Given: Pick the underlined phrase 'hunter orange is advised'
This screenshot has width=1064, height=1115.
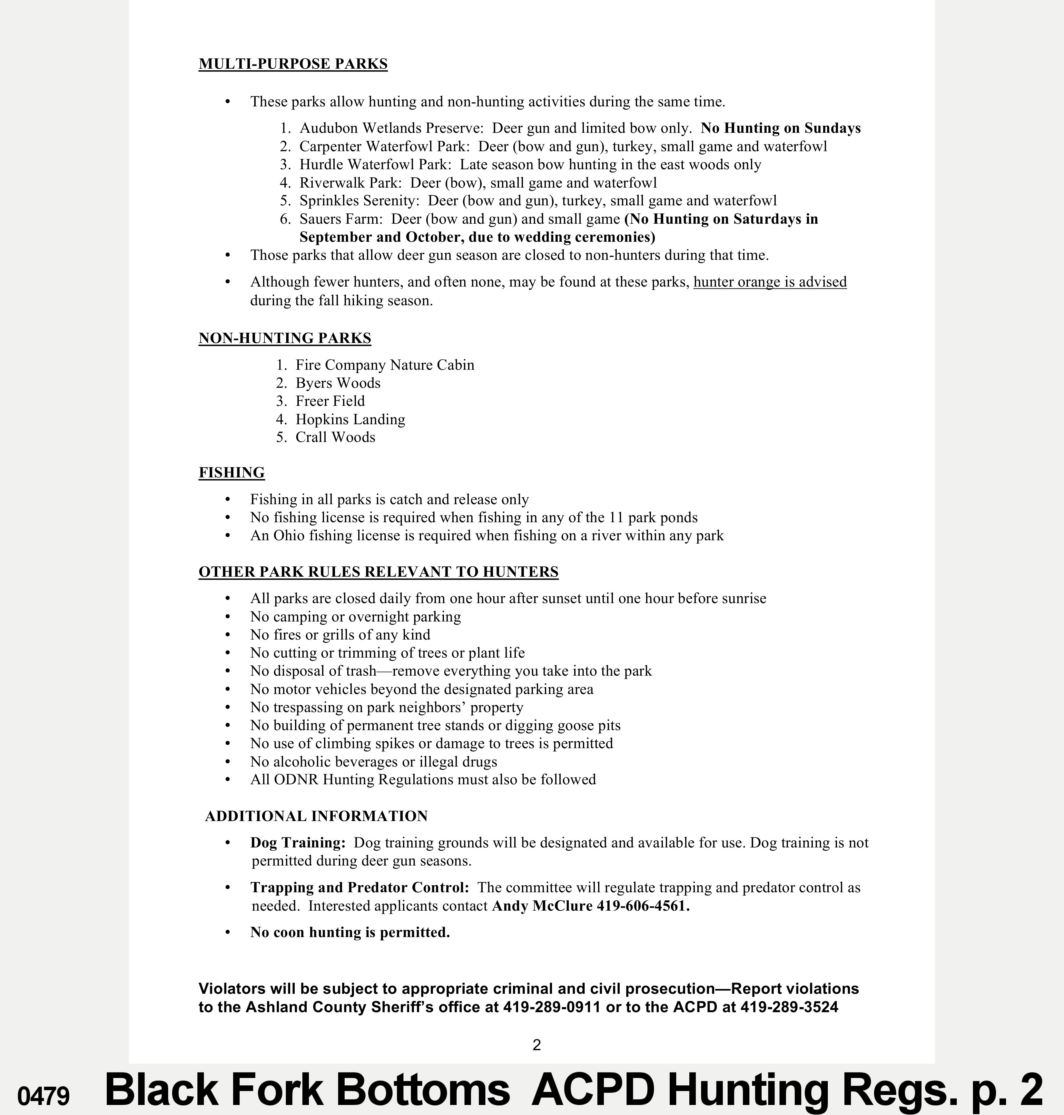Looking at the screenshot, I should [x=770, y=282].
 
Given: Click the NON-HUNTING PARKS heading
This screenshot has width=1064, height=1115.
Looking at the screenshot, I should [x=285, y=338].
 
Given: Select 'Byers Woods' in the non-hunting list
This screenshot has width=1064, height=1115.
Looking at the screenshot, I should [x=338, y=383].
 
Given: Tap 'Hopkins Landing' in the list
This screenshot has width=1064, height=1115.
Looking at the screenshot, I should [x=350, y=419].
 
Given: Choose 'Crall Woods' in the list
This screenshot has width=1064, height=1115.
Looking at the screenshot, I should [x=335, y=437].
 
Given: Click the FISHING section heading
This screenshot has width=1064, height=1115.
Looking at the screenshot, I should [x=232, y=473].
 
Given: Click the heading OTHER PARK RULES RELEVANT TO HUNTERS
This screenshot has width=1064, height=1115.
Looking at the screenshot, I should [x=378, y=572].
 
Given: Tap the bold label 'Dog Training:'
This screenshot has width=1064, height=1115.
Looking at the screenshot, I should [x=298, y=843].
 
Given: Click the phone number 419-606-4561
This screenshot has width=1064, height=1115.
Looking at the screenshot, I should [x=643, y=906].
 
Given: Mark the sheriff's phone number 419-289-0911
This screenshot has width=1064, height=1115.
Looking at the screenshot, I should [x=551, y=1007].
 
